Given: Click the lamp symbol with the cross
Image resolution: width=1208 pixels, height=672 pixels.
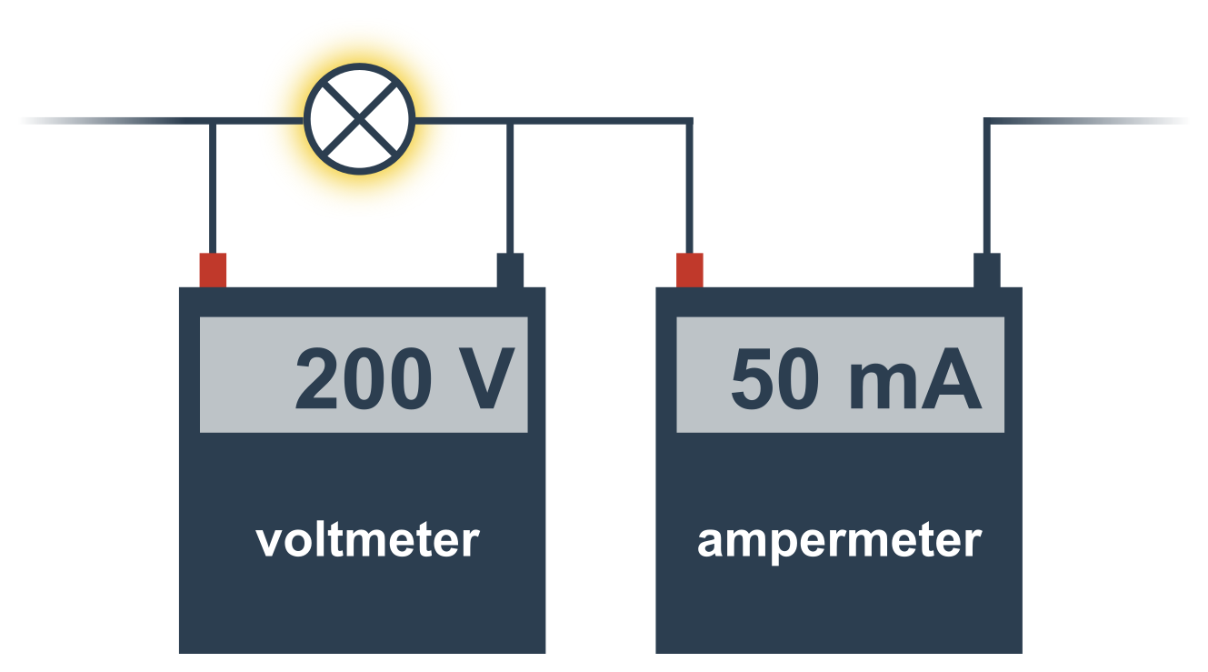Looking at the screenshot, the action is tap(359, 119).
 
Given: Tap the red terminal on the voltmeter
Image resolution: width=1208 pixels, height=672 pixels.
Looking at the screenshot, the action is tap(213, 270).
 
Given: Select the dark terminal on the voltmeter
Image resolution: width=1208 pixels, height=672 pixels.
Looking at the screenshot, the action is tap(510, 270).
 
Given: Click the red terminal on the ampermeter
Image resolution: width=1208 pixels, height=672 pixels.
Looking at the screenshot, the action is tap(689, 270).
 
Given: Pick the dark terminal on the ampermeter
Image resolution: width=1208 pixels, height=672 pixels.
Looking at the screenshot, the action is tap(986, 270).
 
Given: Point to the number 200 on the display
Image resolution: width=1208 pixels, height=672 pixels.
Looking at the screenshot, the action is tap(364, 378).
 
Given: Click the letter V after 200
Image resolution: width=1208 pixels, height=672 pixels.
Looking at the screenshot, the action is tap(486, 378).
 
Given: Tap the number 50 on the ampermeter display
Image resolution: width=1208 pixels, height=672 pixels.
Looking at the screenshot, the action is tap(775, 378).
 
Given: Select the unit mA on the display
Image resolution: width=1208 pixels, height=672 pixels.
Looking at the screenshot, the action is tap(915, 378).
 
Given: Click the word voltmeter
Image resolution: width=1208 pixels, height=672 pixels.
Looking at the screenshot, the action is tap(368, 540).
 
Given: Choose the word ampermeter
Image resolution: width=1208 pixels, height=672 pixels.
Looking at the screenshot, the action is tap(840, 542).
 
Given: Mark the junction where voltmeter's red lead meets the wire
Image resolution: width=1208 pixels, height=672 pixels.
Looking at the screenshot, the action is tap(213, 121).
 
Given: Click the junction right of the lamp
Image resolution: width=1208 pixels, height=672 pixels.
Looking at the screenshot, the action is tap(510, 121).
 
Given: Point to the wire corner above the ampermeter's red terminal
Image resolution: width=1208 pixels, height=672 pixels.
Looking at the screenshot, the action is tap(689, 121).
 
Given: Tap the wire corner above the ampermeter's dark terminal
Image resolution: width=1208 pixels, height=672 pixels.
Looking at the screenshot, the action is tap(987, 121).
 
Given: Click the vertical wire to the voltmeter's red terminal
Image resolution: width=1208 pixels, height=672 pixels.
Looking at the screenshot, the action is tap(213, 187).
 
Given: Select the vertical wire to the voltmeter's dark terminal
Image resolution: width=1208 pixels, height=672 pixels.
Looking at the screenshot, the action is tap(510, 187).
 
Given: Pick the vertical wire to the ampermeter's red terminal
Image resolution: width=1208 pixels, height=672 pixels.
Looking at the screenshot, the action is tap(689, 187).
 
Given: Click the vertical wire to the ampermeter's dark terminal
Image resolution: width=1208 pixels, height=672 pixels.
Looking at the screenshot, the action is tap(987, 187).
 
